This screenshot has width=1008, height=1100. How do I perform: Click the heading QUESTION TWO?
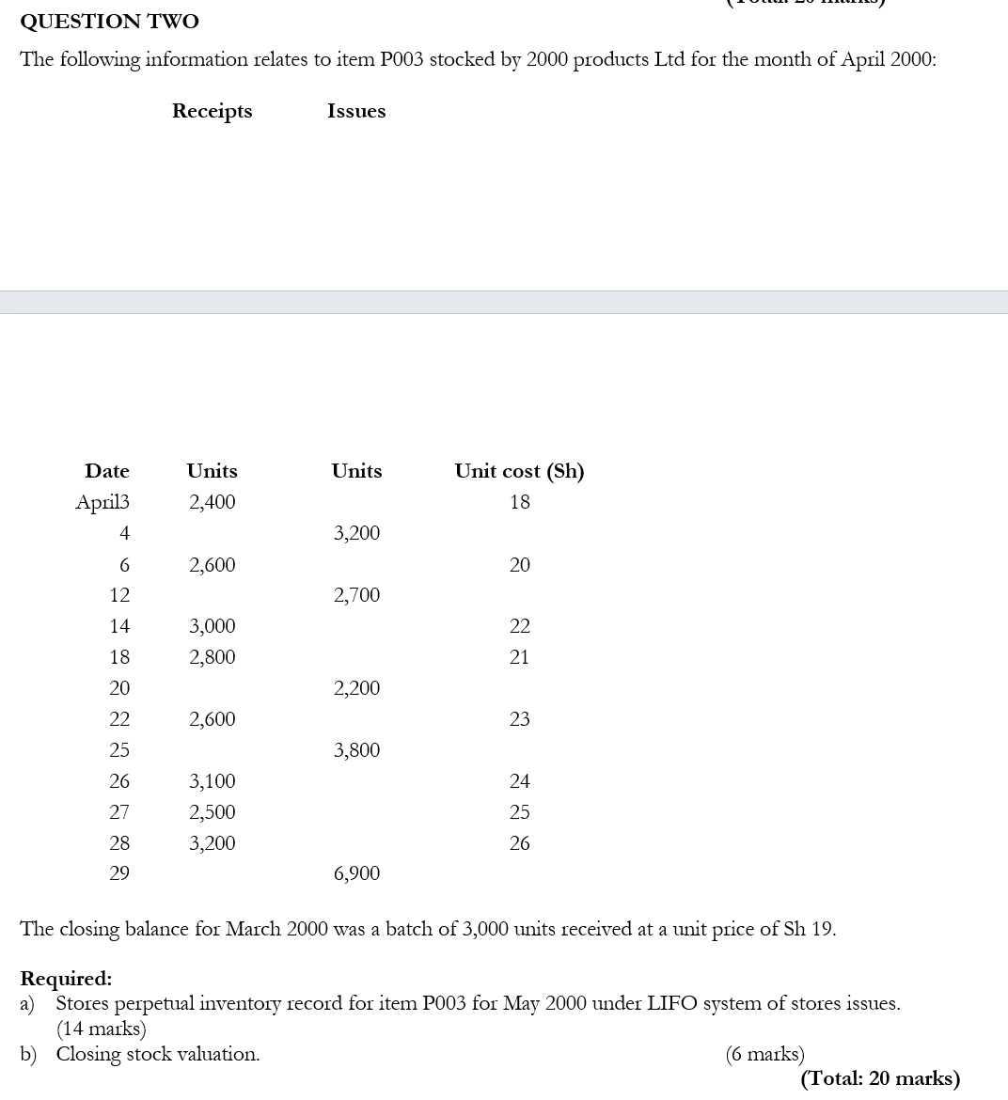[110, 21]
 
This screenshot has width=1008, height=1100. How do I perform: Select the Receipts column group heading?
[212, 111]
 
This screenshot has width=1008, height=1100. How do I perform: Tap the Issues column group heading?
[356, 111]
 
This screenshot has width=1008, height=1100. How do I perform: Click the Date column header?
[107, 471]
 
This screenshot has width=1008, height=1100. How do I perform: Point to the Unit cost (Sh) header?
[519, 471]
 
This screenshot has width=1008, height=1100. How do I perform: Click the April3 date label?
[102, 502]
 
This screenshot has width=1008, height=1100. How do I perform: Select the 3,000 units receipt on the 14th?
[213, 626]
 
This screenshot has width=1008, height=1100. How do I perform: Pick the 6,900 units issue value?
[357, 873]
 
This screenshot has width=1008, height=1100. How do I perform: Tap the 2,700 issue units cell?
[357, 595]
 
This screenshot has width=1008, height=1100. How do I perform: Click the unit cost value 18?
[520, 502]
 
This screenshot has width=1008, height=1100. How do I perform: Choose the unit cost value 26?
[520, 843]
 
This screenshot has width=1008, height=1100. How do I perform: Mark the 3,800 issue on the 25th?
[357, 750]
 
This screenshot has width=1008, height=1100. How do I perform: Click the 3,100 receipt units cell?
[213, 781]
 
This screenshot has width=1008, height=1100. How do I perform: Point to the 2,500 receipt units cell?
[213, 812]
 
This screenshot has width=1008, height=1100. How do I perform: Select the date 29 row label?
[119, 873]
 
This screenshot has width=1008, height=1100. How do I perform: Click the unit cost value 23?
[520, 719]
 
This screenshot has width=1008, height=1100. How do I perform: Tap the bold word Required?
[66, 979]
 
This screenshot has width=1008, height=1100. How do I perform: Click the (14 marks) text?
[102, 1029]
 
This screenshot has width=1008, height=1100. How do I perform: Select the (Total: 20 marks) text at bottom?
[880, 1078]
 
